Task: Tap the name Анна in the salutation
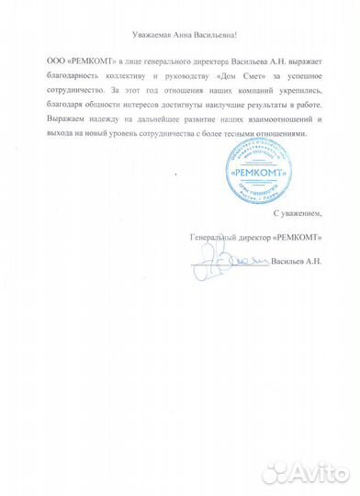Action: [181, 34]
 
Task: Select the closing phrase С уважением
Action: [294, 213]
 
